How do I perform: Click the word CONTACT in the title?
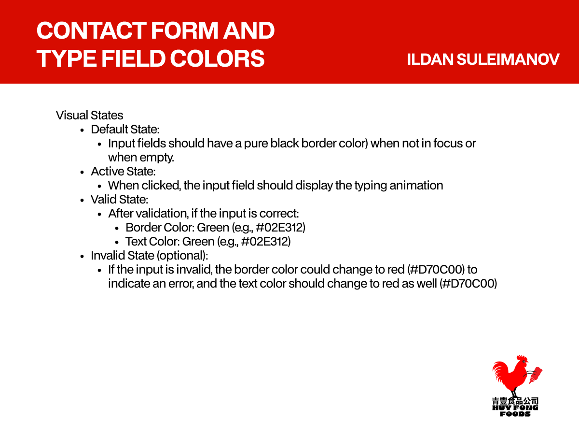click(x=91, y=30)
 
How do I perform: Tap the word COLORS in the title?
click(x=217, y=58)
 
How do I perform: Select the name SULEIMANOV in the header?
click(x=508, y=59)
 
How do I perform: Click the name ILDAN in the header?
click(x=430, y=59)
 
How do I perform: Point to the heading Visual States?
click(x=89, y=116)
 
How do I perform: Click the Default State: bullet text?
click(x=125, y=130)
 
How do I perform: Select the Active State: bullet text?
click(x=123, y=172)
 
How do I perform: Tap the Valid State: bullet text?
click(x=119, y=200)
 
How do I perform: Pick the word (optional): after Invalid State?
click(x=182, y=256)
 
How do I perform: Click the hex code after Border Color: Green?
click(x=281, y=228)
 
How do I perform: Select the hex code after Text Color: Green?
click(x=266, y=242)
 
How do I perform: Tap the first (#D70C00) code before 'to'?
click(x=436, y=270)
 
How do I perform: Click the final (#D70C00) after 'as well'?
click(x=468, y=284)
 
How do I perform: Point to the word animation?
click(x=416, y=186)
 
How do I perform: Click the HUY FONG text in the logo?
click(x=515, y=407)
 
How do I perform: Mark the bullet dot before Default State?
click(x=82, y=130)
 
